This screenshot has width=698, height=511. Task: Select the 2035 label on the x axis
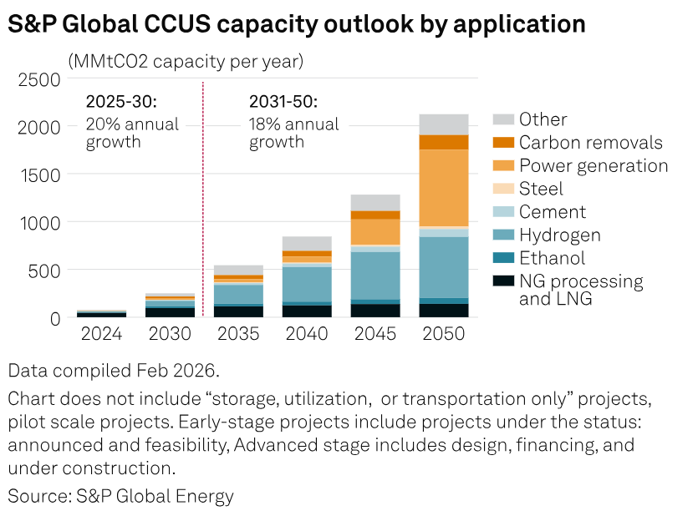tap(238, 334)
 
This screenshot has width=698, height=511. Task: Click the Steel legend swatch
tap(503, 189)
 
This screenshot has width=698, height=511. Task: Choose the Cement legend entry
tap(552, 212)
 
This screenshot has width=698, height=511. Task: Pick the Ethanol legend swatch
tap(503, 258)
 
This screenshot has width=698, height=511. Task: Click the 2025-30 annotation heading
tap(121, 103)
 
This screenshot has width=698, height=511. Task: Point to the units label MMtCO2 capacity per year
tap(186, 61)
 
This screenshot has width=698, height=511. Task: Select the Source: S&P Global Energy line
tap(121, 495)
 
